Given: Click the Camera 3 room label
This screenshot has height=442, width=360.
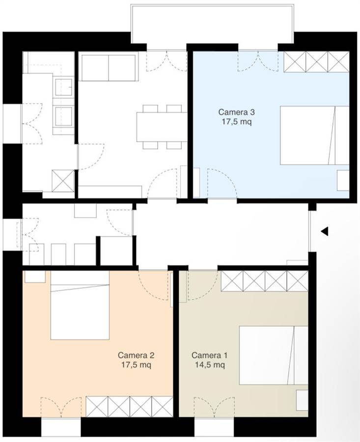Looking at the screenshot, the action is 236,112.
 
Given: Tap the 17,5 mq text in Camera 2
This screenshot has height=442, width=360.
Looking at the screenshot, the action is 136,365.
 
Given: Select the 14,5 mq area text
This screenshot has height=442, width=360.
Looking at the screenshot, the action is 210,365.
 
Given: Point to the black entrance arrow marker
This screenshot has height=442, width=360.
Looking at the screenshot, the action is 325,231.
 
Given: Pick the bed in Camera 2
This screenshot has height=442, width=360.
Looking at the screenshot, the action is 80,305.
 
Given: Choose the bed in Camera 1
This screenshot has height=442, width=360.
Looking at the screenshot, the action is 274,355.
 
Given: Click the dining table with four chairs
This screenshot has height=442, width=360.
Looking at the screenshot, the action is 162,127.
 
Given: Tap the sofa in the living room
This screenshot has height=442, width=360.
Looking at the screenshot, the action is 109,68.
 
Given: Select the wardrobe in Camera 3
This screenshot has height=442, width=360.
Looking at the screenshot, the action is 317,62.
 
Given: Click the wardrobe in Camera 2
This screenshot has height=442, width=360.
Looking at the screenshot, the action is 129,407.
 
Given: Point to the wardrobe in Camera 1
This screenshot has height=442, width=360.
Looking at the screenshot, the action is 264,281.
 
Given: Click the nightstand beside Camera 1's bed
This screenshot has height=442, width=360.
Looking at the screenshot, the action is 302,400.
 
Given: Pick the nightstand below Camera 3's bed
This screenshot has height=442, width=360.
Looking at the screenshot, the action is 343,180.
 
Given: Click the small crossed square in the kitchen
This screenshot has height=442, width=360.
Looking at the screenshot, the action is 63,181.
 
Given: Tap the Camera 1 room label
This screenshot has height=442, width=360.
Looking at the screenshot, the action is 209,355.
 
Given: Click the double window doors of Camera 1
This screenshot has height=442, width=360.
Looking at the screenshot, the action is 214,407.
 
